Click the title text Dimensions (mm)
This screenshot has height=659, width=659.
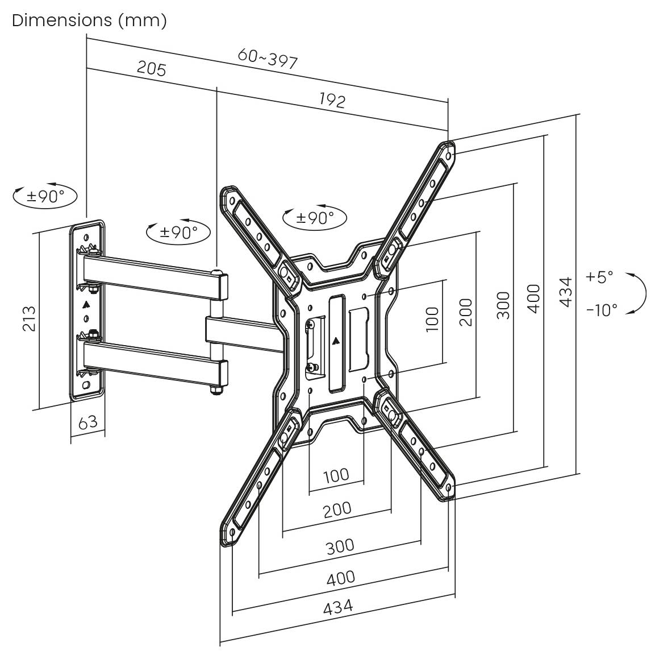pyautogui.click(x=89, y=20)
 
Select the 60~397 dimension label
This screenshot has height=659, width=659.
pyautogui.click(x=268, y=59)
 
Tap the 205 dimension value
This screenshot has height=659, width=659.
pyautogui.click(x=152, y=69)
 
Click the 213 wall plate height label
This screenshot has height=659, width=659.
pyautogui.click(x=29, y=318)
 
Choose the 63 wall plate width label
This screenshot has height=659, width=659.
pyautogui.click(x=87, y=422)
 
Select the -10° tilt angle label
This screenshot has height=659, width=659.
pyautogui.click(x=602, y=310)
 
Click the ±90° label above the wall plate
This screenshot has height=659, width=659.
pyautogui.click(x=45, y=197)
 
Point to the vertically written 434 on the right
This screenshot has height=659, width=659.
pyautogui.click(x=564, y=292)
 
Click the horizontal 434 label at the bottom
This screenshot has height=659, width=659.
pyautogui.click(x=338, y=607)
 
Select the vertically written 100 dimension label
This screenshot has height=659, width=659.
pyautogui.click(x=432, y=319)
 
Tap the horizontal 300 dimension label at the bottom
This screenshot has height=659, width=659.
pyautogui.click(x=340, y=547)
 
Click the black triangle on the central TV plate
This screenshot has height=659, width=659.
pyautogui.click(x=336, y=342)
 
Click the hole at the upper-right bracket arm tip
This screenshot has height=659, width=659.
pyautogui.click(x=449, y=155)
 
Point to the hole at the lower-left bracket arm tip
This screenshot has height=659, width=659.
pyautogui.click(x=233, y=532)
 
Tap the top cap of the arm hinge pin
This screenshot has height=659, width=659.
pyautogui.click(x=216, y=272)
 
